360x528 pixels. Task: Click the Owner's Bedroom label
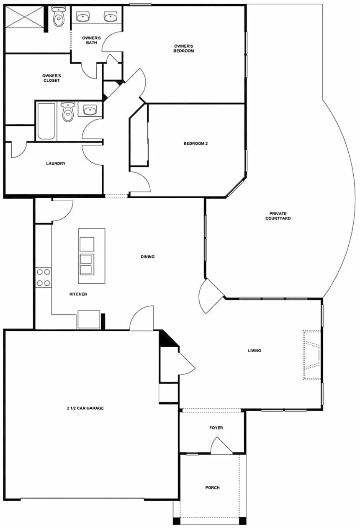pyautogui.click(x=184, y=49)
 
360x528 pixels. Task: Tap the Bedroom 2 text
pyautogui.click(x=196, y=144)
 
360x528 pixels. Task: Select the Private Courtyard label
pyautogui.click(x=278, y=216)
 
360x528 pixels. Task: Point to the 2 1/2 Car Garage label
pyautogui.click(x=85, y=408)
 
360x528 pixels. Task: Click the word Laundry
pyautogui.click(x=56, y=164)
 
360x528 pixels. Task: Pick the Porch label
pyautogui.click(x=212, y=487)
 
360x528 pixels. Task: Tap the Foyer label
pyautogui.click(x=216, y=428)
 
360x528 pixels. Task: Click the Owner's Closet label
pyautogui.click(x=51, y=78)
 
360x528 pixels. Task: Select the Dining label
pyautogui.click(x=148, y=256)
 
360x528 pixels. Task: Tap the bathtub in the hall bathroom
pyautogui.click(x=46, y=121)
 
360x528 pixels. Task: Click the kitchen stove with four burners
pyautogui.click(x=43, y=277)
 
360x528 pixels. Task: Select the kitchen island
pyautogui.click(x=91, y=256)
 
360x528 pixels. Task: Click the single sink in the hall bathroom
pyautogui.click(x=90, y=110)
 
